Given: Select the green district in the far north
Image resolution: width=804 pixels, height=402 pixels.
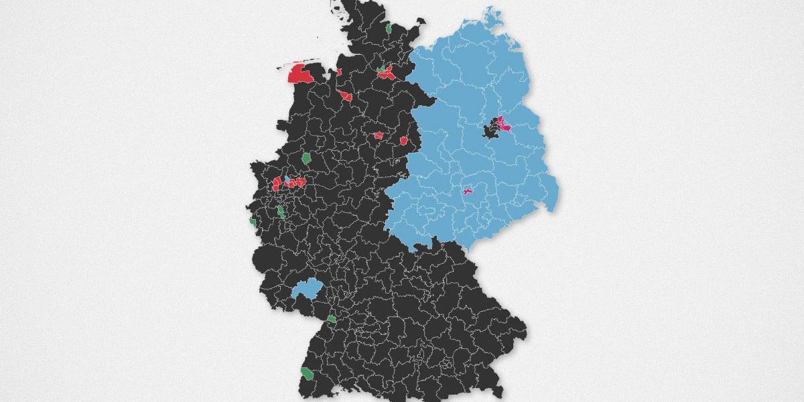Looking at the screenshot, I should click(389, 29).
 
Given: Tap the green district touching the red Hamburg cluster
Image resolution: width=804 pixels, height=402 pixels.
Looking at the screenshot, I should click(381, 68).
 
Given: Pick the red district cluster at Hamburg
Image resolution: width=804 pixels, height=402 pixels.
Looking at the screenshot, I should click(387, 74).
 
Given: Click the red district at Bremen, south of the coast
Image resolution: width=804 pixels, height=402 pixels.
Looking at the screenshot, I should click(345, 96).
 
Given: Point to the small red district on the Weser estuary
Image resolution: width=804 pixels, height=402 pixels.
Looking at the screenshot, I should click(339, 72).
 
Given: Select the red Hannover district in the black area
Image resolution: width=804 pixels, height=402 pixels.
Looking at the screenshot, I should click(378, 135).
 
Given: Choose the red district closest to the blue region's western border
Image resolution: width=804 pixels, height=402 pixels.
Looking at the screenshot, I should click(404, 141).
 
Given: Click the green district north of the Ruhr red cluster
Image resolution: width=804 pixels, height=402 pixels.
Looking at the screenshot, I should click(306, 159).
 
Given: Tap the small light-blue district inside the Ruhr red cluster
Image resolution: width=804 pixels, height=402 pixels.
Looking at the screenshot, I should click(289, 180).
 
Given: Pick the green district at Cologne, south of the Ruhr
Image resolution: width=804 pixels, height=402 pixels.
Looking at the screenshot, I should click(281, 212).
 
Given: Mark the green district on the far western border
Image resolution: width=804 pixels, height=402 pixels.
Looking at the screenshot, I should click(253, 221).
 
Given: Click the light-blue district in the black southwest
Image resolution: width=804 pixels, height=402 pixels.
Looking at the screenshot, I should click(308, 289).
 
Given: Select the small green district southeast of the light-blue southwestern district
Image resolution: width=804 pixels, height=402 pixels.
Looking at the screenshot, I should click(332, 318).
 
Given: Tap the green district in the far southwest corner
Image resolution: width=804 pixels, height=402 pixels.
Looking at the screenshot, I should click(306, 373).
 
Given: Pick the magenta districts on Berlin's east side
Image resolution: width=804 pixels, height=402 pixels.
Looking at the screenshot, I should click(504, 125).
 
